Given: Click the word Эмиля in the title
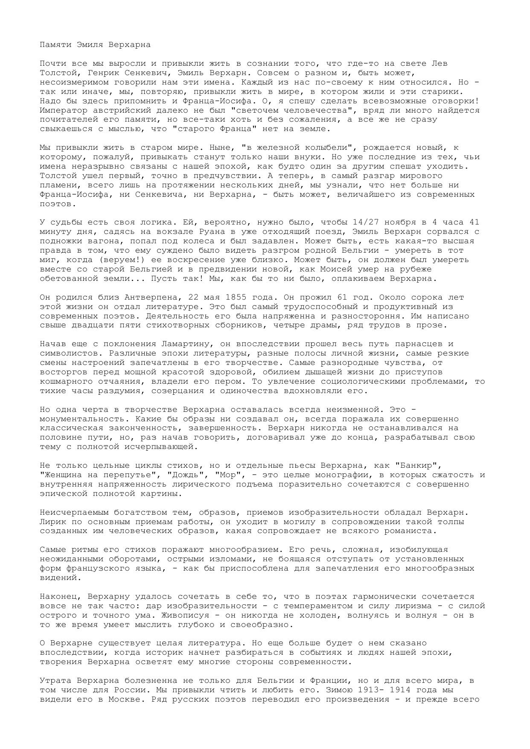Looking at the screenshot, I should (x=90, y=44).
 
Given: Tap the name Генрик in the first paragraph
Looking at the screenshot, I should (x=90, y=73).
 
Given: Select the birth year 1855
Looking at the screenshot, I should (x=237, y=297).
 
